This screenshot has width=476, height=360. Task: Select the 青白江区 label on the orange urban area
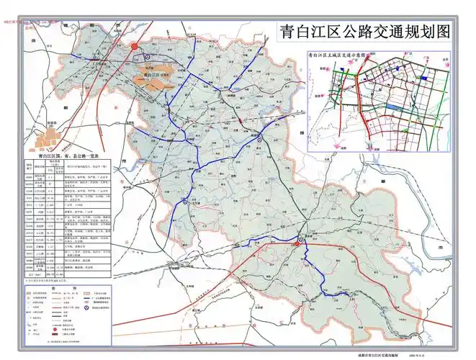[151, 73]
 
